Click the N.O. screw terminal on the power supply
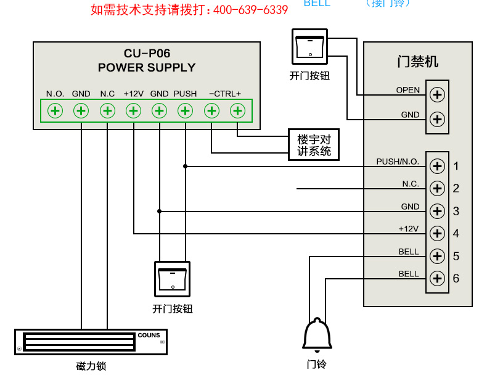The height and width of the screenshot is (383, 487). click(x=55, y=111)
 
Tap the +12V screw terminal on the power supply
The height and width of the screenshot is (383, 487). click(x=133, y=111)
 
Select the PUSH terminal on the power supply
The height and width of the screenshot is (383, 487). click(x=185, y=111)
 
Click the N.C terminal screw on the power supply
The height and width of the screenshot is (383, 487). click(x=107, y=111)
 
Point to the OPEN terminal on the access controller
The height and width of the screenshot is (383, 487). click(x=437, y=94)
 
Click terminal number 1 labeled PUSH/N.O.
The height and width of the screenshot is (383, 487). click(x=437, y=166)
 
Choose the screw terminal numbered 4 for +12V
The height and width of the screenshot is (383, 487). click(x=437, y=233)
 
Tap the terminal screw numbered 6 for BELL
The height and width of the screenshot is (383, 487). click(x=437, y=278)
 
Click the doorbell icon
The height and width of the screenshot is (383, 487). click(x=317, y=336)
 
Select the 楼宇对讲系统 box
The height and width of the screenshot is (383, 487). click(x=314, y=145)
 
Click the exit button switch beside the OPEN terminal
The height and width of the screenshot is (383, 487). click(x=310, y=47)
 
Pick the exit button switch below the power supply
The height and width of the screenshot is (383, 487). click(x=172, y=279)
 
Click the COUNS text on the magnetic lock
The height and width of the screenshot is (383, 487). click(x=149, y=336)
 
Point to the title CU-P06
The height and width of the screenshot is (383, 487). click(x=147, y=54)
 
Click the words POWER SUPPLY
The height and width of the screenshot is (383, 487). click(x=147, y=68)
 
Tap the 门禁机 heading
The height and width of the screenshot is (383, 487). click(x=417, y=62)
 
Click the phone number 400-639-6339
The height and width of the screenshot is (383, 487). click(x=250, y=10)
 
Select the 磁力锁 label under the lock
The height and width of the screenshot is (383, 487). click(x=91, y=366)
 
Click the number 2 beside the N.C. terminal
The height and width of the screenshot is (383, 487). click(x=456, y=189)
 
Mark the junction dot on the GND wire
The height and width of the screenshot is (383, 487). click(x=159, y=211)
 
